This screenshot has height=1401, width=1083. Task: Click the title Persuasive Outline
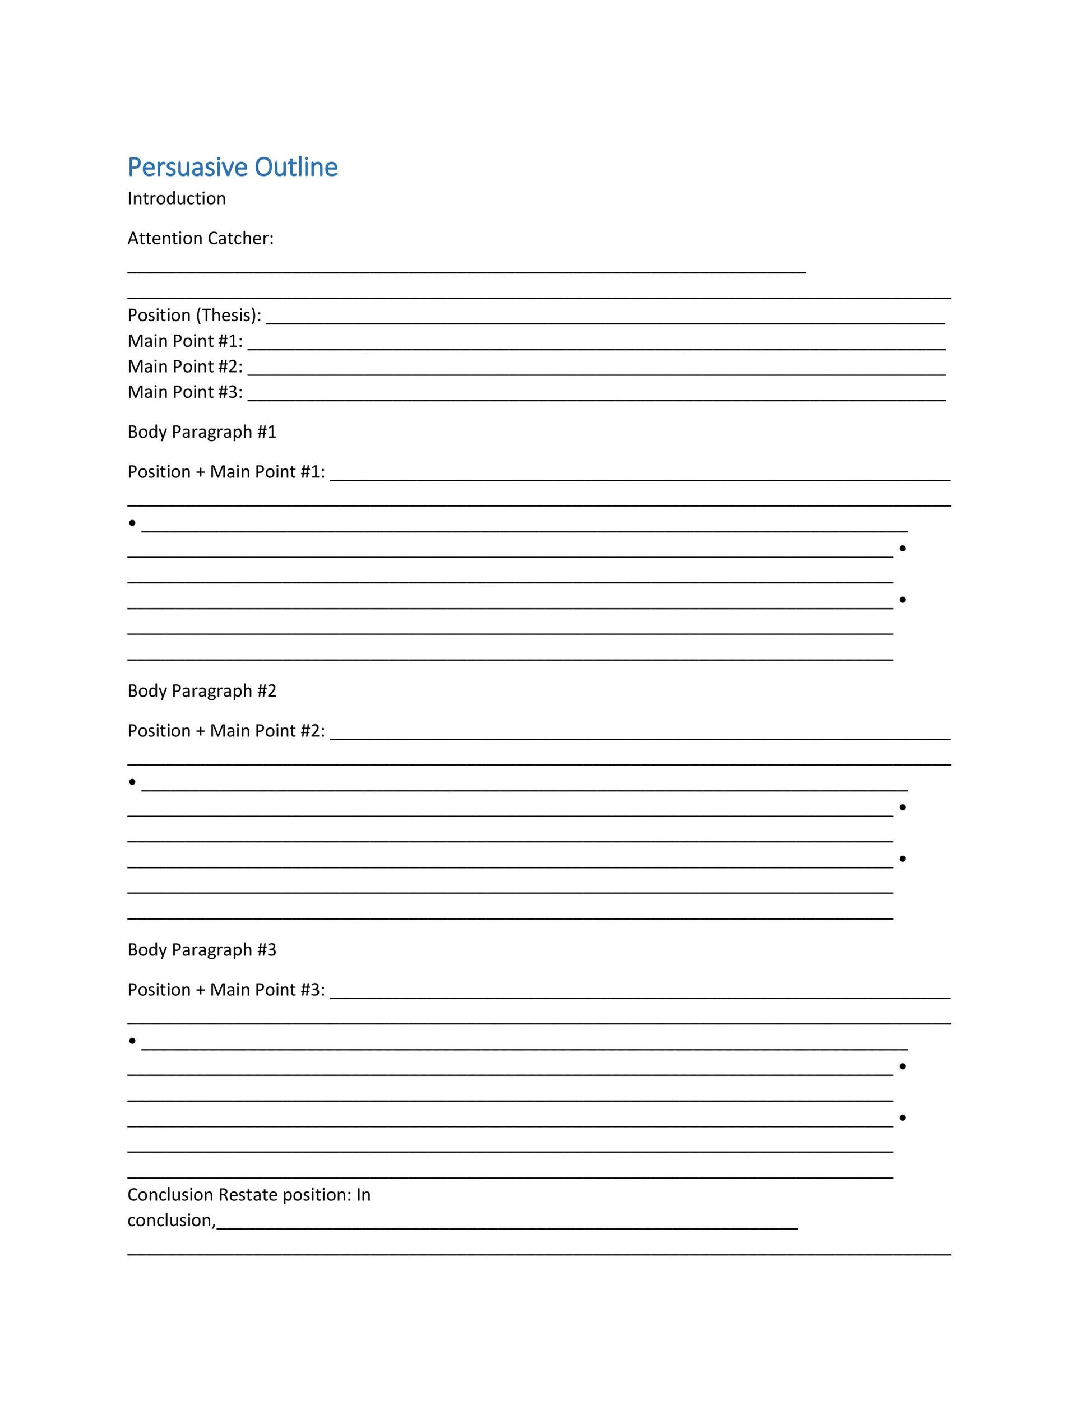pyautogui.click(x=232, y=168)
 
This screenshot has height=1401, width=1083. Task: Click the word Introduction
pyautogui.click(x=177, y=199)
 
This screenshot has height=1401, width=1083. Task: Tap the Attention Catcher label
pyautogui.click(x=200, y=239)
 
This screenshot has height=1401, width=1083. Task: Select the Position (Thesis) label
pyautogui.click(x=194, y=316)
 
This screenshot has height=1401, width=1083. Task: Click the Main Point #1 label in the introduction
pyautogui.click(x=185, y=341)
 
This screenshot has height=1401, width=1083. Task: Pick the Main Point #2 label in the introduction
pyautogui.click(x=185, y=367)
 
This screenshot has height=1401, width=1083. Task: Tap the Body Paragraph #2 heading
pyautogui.click(x=201, y=692)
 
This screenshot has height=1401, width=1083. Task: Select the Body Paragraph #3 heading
pyautogui.click(x=201, y=950)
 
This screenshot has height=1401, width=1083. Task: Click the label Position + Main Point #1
pyautogui.click(x=226, y=472)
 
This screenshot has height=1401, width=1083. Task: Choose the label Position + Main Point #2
pyautogui.click(x=226, y=731)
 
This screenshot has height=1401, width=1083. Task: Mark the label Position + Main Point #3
pyautogui.click(x=226, y=990)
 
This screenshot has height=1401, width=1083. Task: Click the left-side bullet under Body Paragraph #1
pyautogui.click(x=132, y=523)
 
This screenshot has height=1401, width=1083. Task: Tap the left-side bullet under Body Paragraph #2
pyautogui.click(x=132, y=782)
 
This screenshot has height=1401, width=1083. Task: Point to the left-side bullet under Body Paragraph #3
pyautogui.click(x=132, y=1041)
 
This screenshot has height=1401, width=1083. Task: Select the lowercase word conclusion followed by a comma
pyautogui.click(x=170, y=1221)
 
